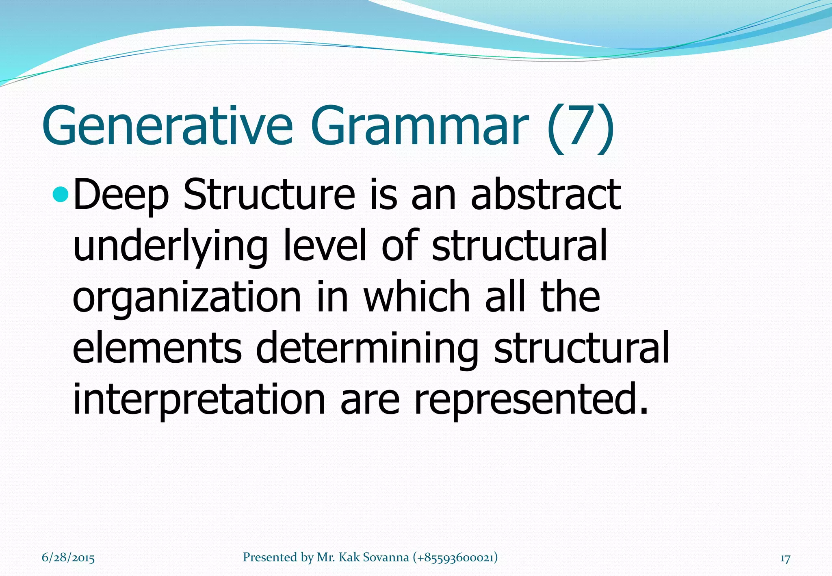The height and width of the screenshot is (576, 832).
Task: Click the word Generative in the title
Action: (167, 126)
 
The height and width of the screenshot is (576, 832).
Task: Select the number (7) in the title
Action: (580, 129)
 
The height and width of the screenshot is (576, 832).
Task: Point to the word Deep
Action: (121, 196)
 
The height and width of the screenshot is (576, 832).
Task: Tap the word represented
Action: (530, 400)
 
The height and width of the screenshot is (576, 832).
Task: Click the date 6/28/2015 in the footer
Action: (68, 558)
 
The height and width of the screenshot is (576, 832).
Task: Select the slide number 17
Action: (785, 559)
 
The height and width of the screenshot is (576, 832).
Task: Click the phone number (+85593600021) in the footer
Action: (455, 557)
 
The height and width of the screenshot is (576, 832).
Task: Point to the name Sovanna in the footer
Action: (386, 557)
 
